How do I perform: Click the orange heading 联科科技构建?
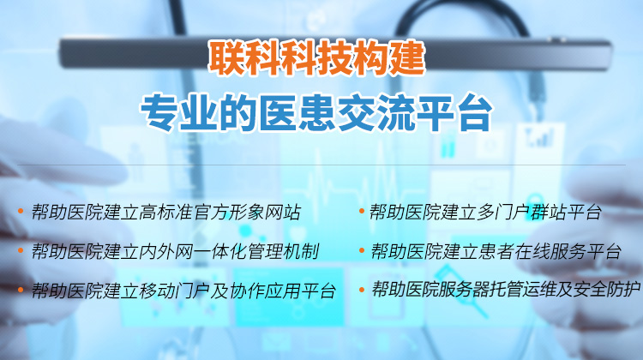(316, 57)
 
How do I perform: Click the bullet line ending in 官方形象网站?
(166, 213)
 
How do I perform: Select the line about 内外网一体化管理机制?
(176, 251)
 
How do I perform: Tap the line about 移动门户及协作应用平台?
(184, 291)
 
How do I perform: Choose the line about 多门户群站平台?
(486, 212)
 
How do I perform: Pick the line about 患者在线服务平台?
(496, 251)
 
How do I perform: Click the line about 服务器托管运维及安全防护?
(506, 290)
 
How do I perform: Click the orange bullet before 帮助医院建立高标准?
(21, 212)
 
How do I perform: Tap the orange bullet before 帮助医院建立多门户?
(362, 211)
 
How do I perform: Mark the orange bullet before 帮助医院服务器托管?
(362, 290)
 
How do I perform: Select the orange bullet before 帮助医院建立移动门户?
(21, 291)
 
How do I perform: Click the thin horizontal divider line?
(321, 165)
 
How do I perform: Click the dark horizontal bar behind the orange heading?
(335, 53)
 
